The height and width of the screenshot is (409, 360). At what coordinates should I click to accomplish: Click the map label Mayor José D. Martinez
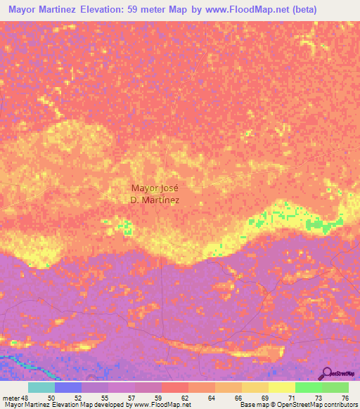tap(155, 193)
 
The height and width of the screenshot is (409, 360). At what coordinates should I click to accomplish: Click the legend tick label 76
tap(345, 397)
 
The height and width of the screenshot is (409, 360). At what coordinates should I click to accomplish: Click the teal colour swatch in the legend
tap(41, 387)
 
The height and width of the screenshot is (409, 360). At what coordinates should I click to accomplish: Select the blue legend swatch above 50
tap(67, 387)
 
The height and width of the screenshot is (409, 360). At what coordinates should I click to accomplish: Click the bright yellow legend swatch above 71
tap(281, 387)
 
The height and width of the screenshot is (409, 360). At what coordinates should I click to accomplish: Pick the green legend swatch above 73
tap(308, 387)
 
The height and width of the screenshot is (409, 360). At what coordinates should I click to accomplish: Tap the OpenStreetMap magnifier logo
tap(326, 373)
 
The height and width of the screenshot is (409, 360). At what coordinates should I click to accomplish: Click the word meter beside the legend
tap(13, 397)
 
